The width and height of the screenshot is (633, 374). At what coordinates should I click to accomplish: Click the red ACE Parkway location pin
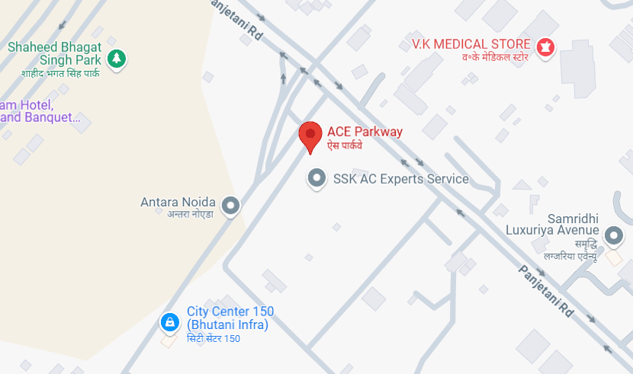pos(310,136)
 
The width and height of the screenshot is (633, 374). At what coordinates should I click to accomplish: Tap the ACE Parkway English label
pos(365,131)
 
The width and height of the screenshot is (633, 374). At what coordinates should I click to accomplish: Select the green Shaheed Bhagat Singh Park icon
pos(116,57)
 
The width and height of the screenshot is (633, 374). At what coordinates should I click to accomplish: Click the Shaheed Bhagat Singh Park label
pos(54,53)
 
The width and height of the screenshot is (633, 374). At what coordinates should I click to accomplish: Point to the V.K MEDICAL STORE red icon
pos(545,46)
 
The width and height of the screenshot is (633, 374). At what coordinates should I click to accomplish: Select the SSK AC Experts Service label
pos(400,179)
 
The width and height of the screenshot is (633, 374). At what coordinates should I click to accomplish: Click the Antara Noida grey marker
pos(230,206)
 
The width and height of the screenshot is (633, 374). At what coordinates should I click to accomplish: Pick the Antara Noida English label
pos(178,202)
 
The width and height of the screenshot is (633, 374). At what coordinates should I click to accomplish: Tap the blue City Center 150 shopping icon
pos(169,323)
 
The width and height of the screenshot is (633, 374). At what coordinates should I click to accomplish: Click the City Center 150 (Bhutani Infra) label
pos(230,318)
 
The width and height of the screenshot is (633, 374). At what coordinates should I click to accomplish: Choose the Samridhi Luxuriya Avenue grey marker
pos(614,236)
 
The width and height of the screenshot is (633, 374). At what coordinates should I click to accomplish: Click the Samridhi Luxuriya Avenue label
pos(552,224)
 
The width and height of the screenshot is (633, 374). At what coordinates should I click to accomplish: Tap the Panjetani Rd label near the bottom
pos(545,291)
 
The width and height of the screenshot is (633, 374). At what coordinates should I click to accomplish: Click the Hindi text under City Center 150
pos(214,339)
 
